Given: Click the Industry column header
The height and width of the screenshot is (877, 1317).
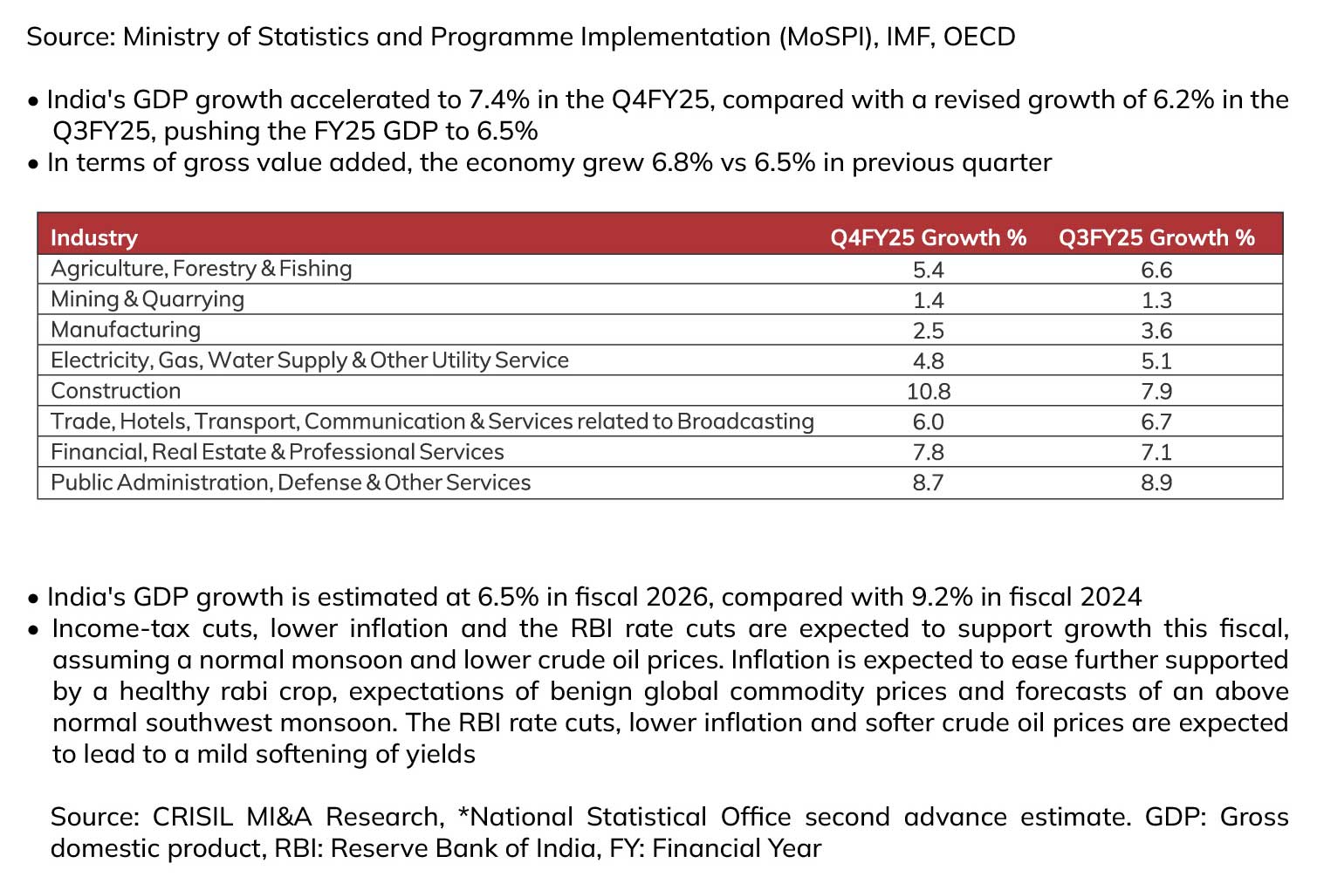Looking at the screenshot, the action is click(x=94, y=238).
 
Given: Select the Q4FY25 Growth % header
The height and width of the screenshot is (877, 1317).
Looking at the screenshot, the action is click(x=929, y=238).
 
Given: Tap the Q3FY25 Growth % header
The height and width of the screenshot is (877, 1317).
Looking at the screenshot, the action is click(x=1156, y=238).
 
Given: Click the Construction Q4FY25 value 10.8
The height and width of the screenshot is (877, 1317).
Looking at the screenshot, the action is click(x=929, y=392).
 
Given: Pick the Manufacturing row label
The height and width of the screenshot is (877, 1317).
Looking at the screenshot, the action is click(x=126, y=330).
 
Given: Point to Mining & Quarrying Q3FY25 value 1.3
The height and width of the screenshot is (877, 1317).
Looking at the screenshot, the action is click(x=1156, y=300).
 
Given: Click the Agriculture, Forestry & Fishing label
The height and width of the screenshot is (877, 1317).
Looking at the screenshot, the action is click(x=201, y=269).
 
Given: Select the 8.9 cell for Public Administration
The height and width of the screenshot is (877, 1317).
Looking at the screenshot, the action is click(x=1156, y=483).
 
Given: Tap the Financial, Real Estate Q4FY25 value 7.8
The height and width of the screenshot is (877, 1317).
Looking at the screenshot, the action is click(x=929, y=453).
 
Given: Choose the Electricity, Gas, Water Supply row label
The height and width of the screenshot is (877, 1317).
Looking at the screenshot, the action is click(x=310, y=360).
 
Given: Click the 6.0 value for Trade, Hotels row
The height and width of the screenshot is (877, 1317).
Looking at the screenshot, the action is click(x=929, y=422).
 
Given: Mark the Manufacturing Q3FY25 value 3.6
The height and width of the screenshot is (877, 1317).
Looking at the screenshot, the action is click(x=1156, y=331).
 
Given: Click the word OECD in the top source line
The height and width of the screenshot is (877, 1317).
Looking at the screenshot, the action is click(x=979, y=37).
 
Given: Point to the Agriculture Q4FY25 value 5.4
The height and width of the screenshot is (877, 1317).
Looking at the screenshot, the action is click(x=929, y=271).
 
